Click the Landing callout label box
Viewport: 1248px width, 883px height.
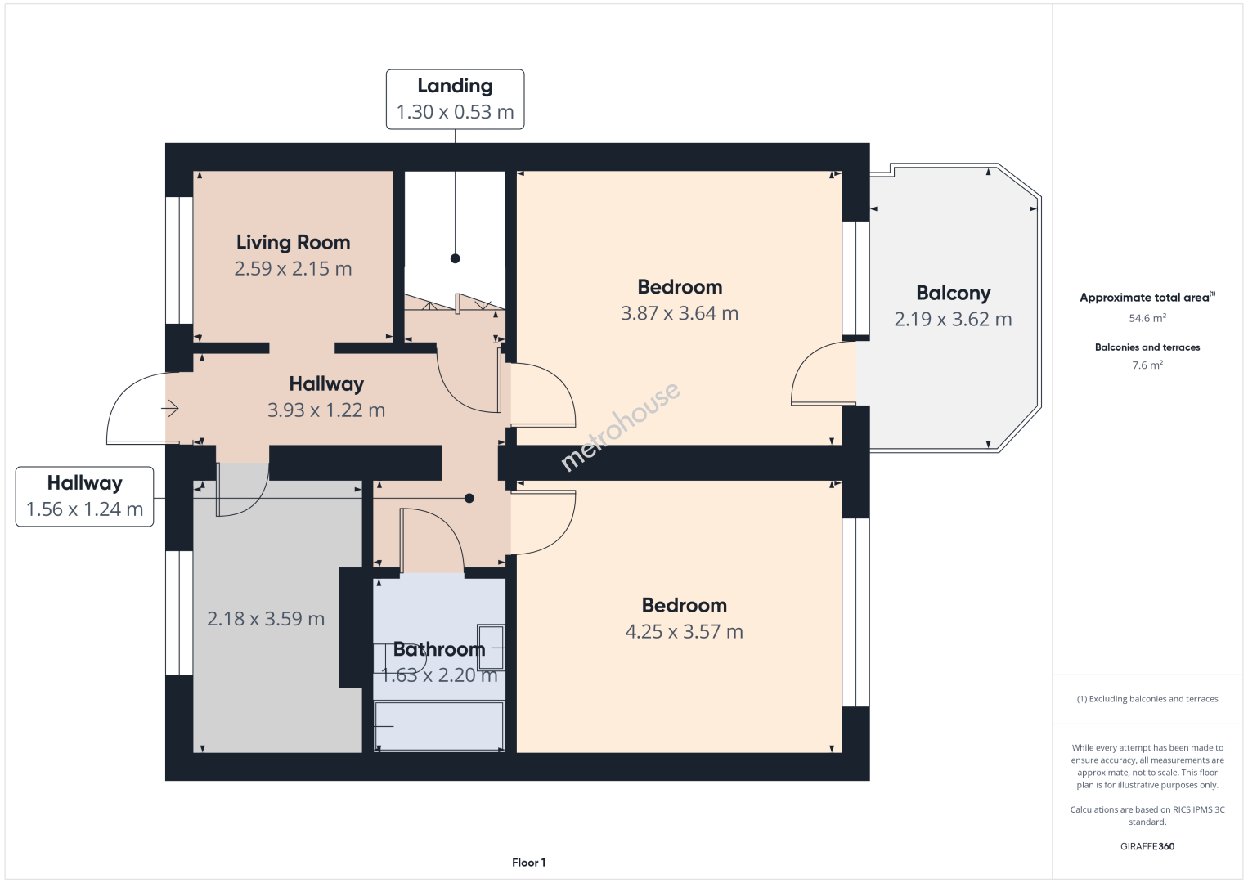tap(455, 99)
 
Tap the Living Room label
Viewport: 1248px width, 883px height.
tap(293, 242)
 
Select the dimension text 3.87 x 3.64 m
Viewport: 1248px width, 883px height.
tap(680, 313)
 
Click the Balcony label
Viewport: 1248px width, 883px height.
tap(954, 293)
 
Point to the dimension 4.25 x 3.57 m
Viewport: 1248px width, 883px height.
tap(685, 631)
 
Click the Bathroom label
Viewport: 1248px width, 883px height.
tap(439, 649)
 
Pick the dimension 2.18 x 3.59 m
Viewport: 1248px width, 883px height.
tap(266, 618)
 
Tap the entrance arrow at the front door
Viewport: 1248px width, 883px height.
tap(170, 408)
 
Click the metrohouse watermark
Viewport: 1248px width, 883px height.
tap(620, 426)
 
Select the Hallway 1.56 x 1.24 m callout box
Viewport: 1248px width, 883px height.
tap(85, 496)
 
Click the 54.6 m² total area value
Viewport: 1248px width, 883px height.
tap(1147, 318)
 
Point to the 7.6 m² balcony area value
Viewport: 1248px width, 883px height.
tap(1147, 365)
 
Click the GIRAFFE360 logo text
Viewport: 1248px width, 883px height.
tap(1147, 846)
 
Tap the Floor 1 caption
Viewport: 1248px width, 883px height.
tap(529, 863)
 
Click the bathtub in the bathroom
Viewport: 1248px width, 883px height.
tap(439, 727)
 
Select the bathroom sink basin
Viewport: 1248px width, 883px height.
tap(491, 648)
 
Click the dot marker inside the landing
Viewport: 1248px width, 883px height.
tap(456, 258)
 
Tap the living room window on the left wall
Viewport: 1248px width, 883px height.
tap(179, 260)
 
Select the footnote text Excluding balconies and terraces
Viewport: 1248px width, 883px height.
tap(1153, 698)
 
